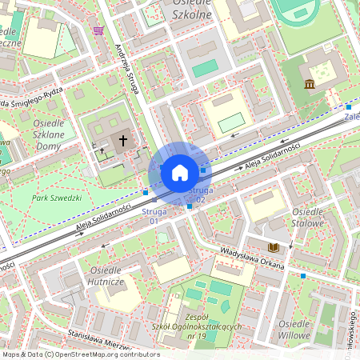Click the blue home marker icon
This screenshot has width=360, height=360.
pos(179,172)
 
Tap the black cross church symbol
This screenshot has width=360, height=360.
pos(123,141)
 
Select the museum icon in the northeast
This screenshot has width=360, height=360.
pos(310,84)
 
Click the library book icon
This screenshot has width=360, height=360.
pos(274,248)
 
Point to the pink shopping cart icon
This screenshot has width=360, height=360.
pos(98,30)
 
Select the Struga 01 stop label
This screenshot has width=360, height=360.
pos(154,214)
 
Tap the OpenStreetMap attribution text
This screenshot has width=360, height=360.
pos(80,354)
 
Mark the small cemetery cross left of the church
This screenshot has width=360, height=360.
pos(102,150)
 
